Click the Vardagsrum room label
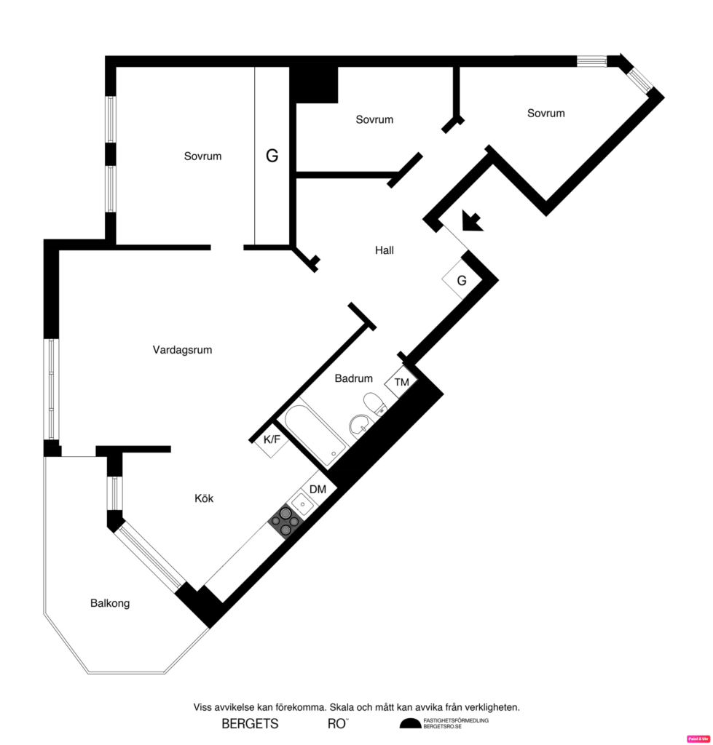tap(182, 350)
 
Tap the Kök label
tap(204, 498)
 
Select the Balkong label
tap(110, 603)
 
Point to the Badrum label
tap(354, 378)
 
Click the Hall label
tap(385, 250)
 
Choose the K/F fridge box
tap(272, 439)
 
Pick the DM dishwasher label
tap(318, 490)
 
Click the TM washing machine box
tap(401, 382)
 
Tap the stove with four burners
tap(285, 521)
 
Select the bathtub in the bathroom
tap(314, 434)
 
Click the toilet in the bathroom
tap(374, 404)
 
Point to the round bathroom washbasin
tap(359, 425)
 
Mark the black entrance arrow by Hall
tap(472, 220)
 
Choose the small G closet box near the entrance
tap(461, 280)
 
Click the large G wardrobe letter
tap(272, 156)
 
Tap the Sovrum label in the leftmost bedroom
tap(202, 156)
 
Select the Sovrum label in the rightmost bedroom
tap(545, 113)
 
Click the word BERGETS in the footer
tap(250, 724)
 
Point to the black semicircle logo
tap(410, 723)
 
